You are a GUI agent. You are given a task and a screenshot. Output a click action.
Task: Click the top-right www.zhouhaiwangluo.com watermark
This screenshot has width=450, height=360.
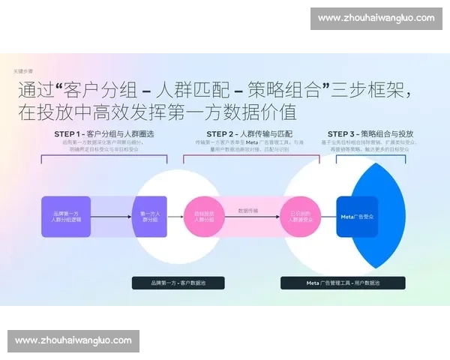(376, 18)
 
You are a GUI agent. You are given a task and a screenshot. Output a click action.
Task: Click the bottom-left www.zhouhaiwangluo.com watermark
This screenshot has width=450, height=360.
(73, 340)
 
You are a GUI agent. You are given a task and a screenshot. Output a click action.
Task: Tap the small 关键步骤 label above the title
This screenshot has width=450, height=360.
(23, 70)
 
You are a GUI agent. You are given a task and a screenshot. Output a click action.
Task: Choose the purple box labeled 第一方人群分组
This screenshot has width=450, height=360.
(149, 217)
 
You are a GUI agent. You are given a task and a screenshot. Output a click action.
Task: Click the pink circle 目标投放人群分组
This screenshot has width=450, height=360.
(199, 217)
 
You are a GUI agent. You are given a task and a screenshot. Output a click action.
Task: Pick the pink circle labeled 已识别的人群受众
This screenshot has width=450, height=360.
(299, 217)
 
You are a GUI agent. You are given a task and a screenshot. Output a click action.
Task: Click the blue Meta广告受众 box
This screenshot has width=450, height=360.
(357, 217)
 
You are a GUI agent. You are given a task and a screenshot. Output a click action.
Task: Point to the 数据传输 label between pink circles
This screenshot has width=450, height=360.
(249, 211)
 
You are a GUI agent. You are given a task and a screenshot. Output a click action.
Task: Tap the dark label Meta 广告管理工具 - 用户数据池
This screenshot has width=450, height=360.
(343, 283)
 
